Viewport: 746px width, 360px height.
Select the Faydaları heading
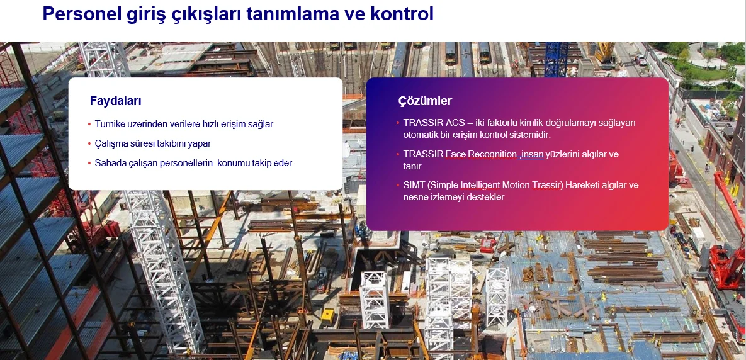pyautogui.click(x=116, y=101)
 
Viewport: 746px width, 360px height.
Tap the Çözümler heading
pyautogui.click(x=425, y=101)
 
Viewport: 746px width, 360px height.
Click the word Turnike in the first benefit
pyautogui.click(x=110, y=124)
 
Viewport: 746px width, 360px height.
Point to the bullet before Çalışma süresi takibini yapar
pyautogui.click(x=89, y=143)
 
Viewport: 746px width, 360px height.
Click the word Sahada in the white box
pyautogui.click(x=108, y=163)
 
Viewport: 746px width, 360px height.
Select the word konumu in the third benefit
pyautogui.click(x=234, y=163)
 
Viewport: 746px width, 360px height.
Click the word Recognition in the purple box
pyautogui.click(x=492, y=155)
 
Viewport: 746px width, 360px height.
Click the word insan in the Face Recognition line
pyautogui.click(x=533, y=155)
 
